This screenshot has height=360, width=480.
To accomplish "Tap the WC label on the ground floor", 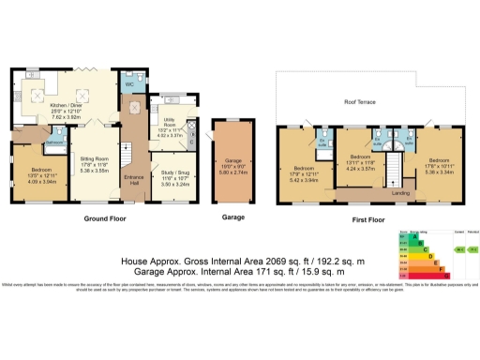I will pyautogui.click(x=130, y=83).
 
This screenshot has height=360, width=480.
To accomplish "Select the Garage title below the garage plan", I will pyautogui.click(x=233, y=217).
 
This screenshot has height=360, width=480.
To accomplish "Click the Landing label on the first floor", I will pyautogui.click(x=399, y=192).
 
